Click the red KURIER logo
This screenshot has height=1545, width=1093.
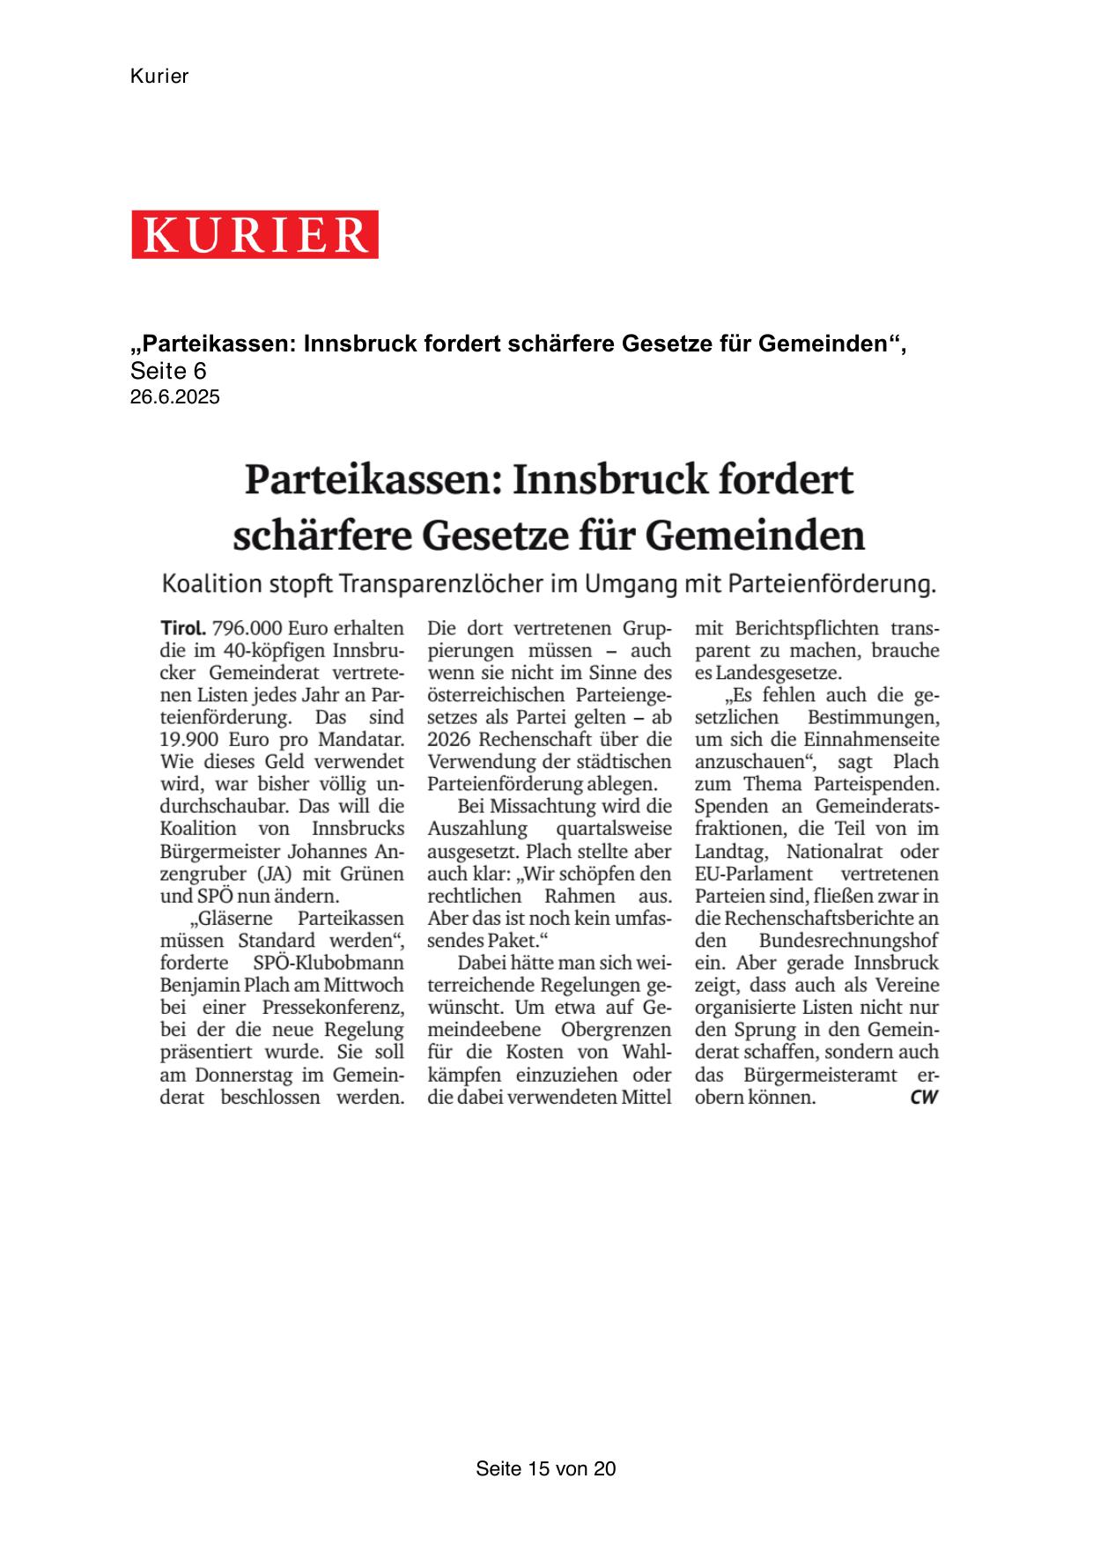[x=255, y=234]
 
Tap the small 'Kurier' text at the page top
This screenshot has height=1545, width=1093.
[x=159, y=77]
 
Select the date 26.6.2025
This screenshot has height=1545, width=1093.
[x=174, y=397]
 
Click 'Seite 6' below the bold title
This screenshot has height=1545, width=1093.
[x=168, y=371]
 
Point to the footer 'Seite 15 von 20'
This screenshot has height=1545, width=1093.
[x=545, y=1468]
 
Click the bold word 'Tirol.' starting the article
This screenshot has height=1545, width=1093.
[x=183, y=629]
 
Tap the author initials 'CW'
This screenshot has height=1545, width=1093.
[x=924, y=1098]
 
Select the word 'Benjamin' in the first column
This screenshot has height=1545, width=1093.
[x=198, y=985]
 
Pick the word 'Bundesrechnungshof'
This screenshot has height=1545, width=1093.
[x=848, y=941]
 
